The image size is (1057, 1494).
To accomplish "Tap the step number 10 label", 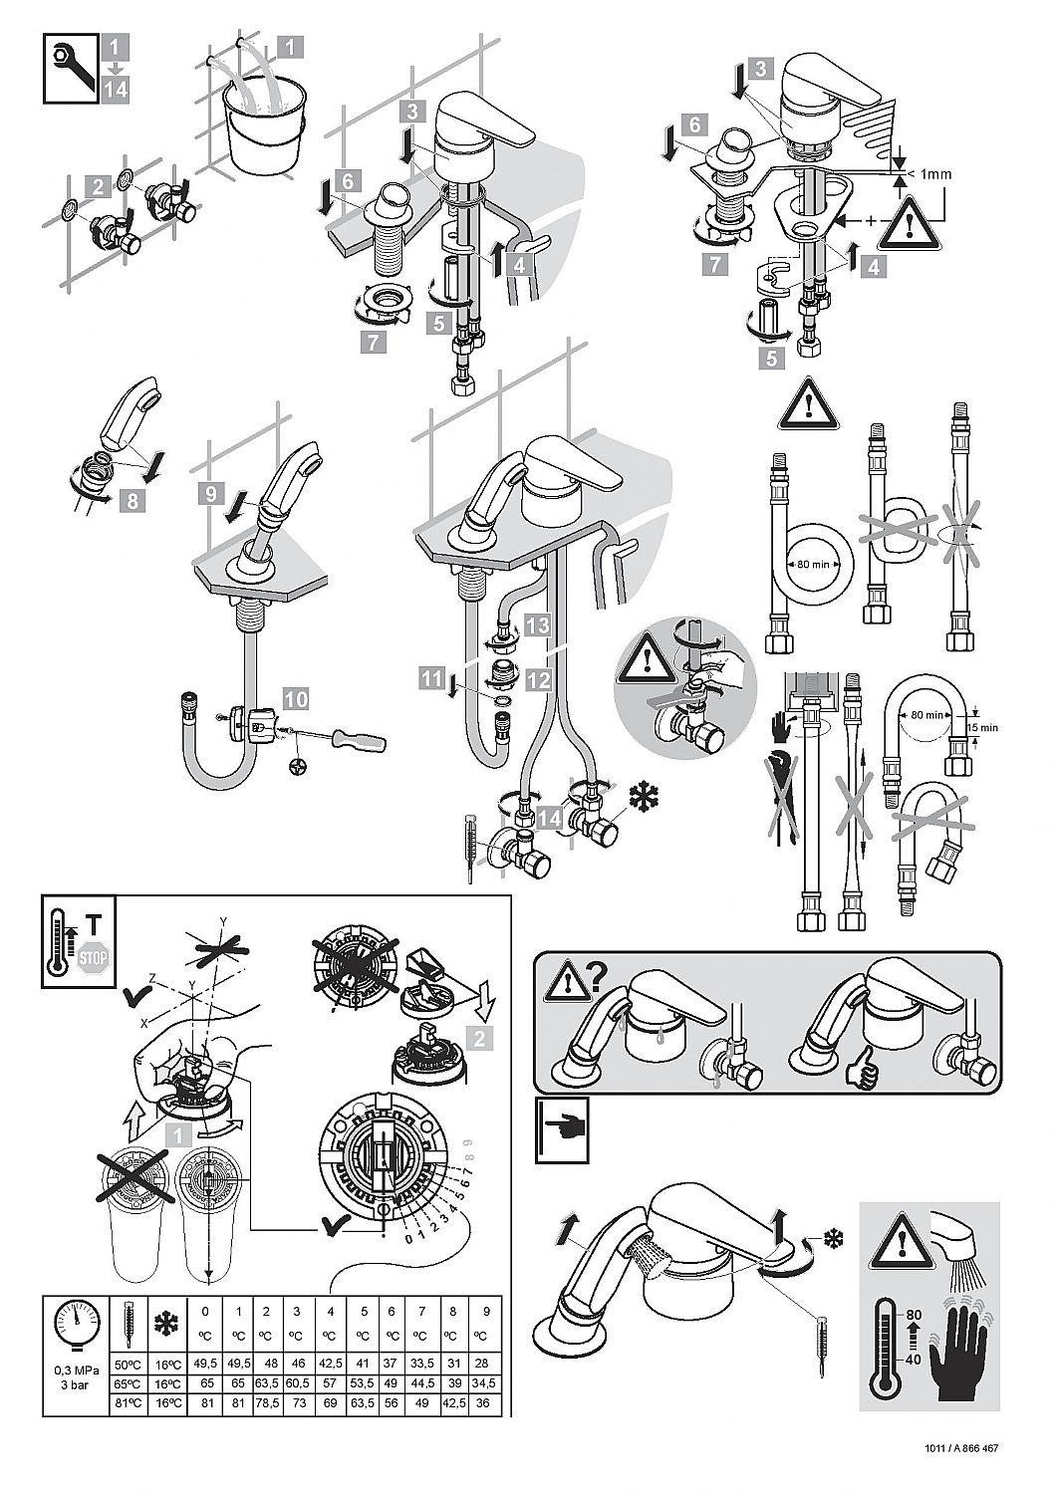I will [x=296, y=699].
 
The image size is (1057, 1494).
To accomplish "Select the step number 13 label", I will [x=538, y=625].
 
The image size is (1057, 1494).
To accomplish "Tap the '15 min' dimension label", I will [x=982, y=727].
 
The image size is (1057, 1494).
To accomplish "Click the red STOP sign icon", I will [x=92, y=959].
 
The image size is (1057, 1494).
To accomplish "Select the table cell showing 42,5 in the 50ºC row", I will [x=330, y=1364].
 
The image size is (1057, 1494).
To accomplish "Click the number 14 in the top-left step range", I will [x=115, y=89].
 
